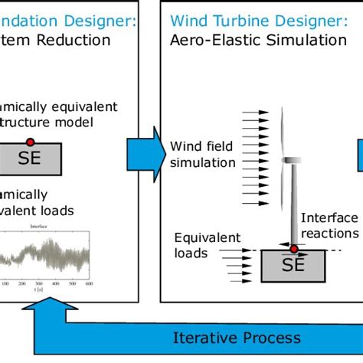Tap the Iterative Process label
pos(237,338)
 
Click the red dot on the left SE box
pos(30,142)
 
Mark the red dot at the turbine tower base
pos(293,250)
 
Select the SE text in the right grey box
pos(293,266)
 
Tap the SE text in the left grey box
pos(30,159)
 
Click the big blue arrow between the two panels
pos(149,151)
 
